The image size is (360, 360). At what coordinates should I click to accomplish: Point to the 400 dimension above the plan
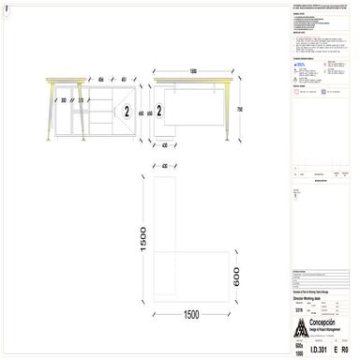pos(164,166)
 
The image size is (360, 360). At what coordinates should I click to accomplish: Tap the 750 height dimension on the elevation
pos(240,110)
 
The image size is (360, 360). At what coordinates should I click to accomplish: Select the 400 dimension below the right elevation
pos(164,145)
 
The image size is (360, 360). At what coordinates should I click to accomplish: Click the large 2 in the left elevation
pos(124,111)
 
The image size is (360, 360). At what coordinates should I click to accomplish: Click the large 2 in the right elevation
pos(161,111)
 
